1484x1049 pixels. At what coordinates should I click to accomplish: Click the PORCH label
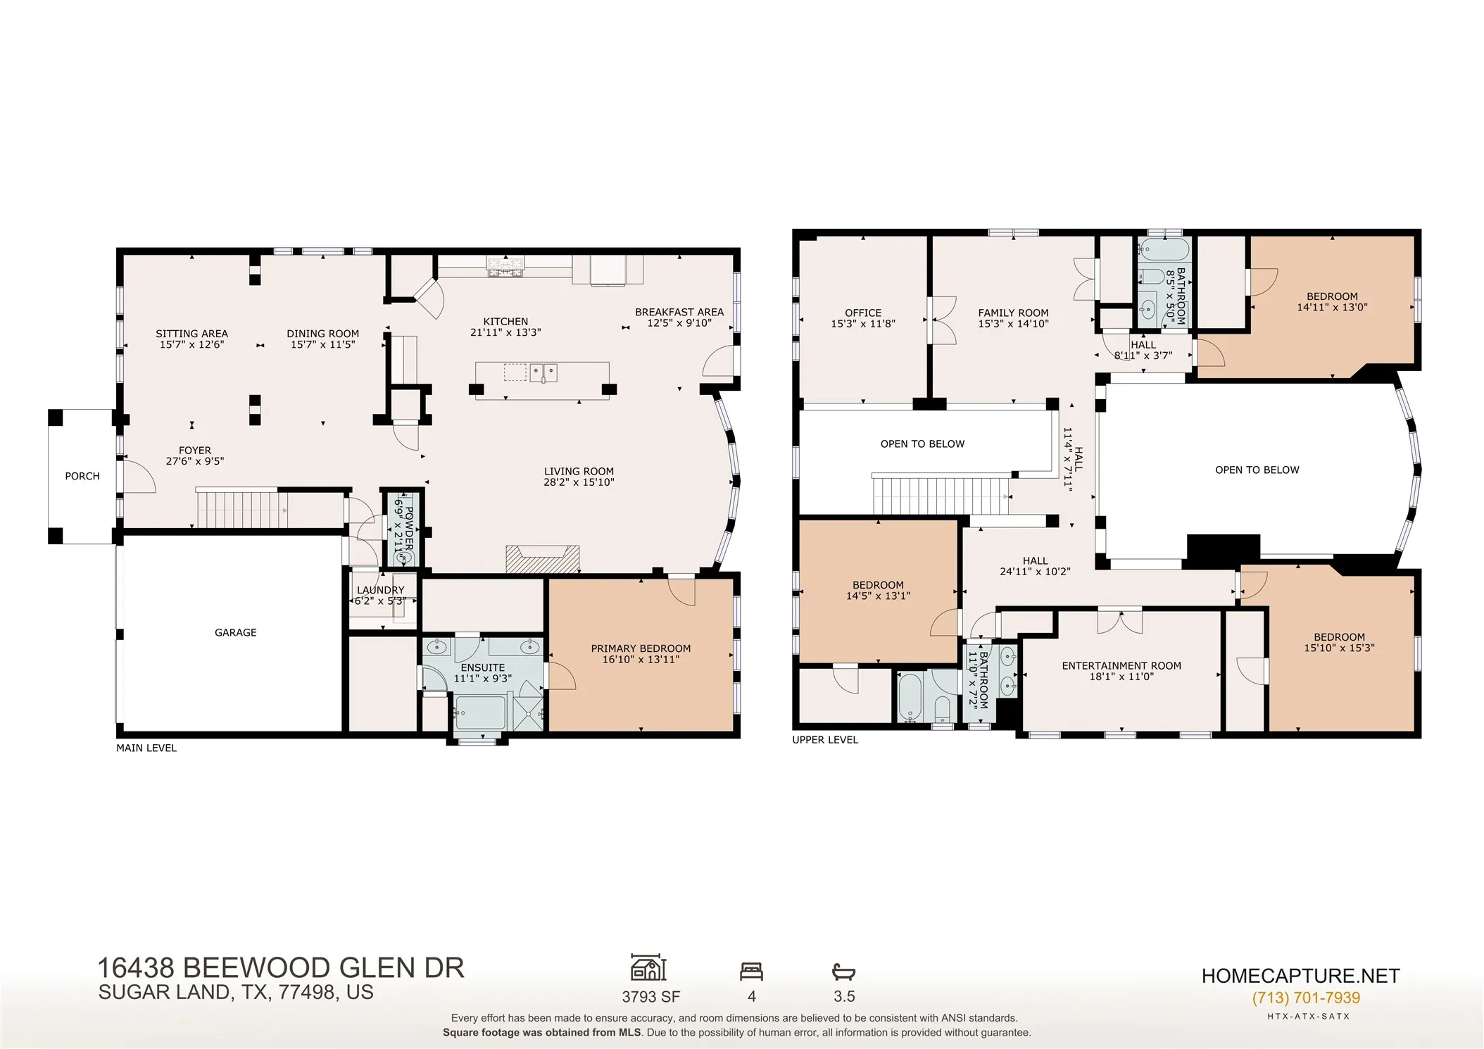(x=82, y=477)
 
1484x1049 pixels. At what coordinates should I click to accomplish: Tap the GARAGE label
(x=236, y=633)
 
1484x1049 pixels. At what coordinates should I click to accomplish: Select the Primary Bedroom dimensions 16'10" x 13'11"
(x=641, y=660)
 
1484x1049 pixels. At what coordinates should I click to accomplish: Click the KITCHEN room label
(x=505, y=322)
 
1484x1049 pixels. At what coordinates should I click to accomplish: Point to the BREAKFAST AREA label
(x=679, y=312)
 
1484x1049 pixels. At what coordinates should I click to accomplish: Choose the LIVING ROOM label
(x=579, y=472)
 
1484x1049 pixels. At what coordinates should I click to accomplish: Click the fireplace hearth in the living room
(x=543, y=558)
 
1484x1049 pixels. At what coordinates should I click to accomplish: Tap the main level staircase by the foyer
(x=241, y=508)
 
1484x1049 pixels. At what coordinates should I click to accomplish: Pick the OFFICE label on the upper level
(x=863, y=313)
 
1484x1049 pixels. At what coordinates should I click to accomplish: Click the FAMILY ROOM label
(x=1013, y=313)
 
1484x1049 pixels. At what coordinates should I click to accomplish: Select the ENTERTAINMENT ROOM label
(x=1121, y=666)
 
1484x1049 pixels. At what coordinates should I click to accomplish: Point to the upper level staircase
(x=941, y=495)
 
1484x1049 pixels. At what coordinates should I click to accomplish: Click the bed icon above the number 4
(x=751, y=972)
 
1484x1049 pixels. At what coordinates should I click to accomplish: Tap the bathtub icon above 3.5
(x=843, y=972)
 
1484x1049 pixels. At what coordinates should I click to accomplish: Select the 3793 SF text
(x=651, y=997)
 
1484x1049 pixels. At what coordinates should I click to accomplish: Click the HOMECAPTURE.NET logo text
(x=1300, y=976)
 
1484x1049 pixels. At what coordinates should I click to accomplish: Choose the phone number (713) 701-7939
(x=1306, y=998)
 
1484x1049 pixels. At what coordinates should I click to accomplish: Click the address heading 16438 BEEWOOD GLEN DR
(x=281, y=968)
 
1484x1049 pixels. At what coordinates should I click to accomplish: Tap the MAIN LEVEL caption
(x=146, y=748)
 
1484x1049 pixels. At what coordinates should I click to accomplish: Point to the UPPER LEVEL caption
(x=825, y=740)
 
